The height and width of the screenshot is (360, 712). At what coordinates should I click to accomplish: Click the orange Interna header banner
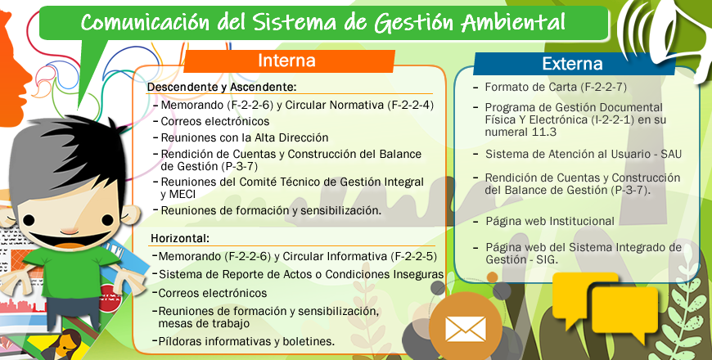289,61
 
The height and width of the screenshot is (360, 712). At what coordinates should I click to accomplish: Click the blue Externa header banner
574,64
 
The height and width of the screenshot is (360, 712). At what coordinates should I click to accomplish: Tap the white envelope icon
466,329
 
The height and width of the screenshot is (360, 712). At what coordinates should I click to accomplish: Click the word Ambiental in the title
514,23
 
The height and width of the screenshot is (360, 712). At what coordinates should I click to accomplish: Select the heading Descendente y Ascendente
222,87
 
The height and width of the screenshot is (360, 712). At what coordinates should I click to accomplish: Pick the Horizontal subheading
180,238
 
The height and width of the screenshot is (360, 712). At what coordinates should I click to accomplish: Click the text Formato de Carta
531,87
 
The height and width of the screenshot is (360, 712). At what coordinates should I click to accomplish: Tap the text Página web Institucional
550,222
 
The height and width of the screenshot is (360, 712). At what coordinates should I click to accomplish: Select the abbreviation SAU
671,155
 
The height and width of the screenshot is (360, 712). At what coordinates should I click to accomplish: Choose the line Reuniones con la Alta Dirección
245,137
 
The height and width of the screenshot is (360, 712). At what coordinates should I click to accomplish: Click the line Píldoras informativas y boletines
246,341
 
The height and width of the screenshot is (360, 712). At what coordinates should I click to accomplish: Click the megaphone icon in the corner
668,32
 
